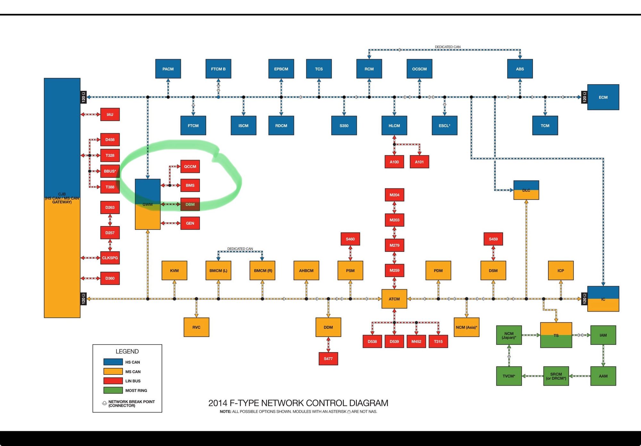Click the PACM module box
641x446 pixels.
[x=168, y=69]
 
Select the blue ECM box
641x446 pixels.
[x=603, y=97]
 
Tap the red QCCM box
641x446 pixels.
[x=190, y=166]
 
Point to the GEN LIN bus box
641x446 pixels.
[x=190, y=223]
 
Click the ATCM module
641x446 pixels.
[x=394, y=299]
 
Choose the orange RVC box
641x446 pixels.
[x=196, y=327]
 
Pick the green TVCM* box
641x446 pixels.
[x=509, y=376]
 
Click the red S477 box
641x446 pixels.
[x=328, y=359]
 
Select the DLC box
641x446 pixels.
[x=526, y=190]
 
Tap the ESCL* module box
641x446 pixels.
[x=444, y=126]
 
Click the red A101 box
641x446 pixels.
[x=419, y=162]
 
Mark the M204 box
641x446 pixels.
[x=394, y=195]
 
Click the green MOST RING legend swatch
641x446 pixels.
[x=113, y=390]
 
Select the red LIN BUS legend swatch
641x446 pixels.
[x=113, y=381]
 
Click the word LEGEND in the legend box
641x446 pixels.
[x=127, y=352]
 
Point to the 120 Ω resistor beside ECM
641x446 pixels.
[x=584, y=97]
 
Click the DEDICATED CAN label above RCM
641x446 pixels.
[x=447, y=47]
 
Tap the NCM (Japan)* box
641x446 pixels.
[x=509, y=335]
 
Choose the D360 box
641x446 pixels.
[x=110, y=278]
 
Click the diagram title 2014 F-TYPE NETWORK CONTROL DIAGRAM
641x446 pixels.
[x=298, y=403]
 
